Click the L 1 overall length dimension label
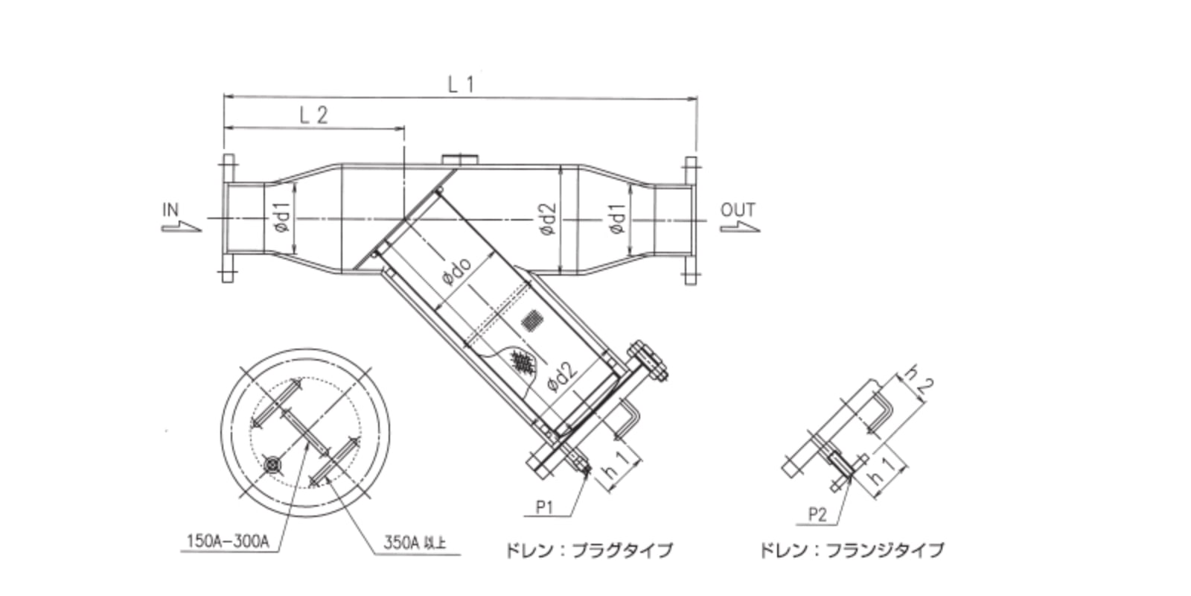(460, 84)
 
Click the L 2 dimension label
(313, 115)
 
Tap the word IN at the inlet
(170, 210)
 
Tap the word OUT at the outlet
(738, 210)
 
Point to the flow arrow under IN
(182, 226)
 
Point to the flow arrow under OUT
(741, 226)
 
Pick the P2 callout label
(817, 514)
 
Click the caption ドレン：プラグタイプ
(589, 551)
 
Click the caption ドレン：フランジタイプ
(851, 551)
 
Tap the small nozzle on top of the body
(460, 159)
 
